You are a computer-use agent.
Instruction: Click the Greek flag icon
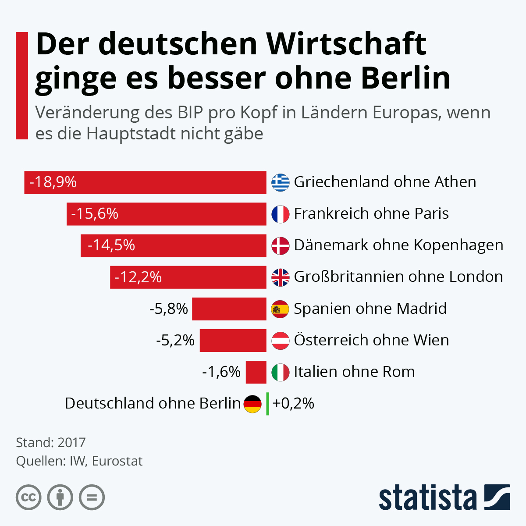coord(281,182)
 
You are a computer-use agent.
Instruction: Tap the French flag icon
coord(281,214)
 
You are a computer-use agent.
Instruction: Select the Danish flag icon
coord(281,245)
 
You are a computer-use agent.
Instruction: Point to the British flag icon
coord(281,277)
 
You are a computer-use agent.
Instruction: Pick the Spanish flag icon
coord(281,309)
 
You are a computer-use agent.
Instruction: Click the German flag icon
coord(252,404)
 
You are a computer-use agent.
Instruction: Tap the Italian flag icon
coord(281,372)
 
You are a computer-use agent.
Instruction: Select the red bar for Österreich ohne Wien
coord(233,341)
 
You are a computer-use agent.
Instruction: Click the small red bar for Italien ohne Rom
coord(256,372)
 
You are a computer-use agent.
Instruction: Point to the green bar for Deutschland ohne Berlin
coord(267,404)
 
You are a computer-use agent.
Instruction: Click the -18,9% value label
coord(53,182)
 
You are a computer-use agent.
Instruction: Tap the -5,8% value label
coord(169,309)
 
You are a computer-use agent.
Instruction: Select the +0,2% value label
coord(293,403)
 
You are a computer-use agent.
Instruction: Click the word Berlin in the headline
coord(406,78)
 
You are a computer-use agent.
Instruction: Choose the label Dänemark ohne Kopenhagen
coord(398,245)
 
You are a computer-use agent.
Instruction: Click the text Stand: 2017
coord(51,442)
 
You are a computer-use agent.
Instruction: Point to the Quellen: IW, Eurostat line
coord(79,461)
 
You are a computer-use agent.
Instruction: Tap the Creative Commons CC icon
coord(28,498)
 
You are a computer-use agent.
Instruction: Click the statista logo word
coord(427,498)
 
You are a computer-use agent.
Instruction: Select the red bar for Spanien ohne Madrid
coord(229,309)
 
